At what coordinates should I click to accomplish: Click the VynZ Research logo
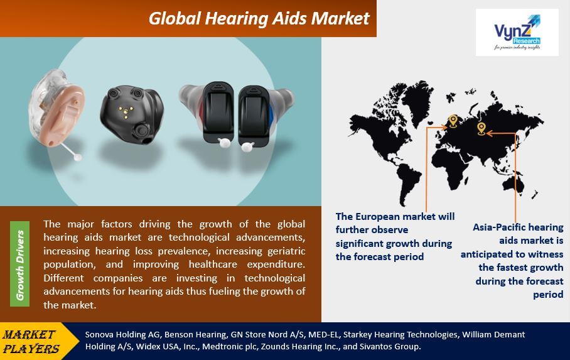tap(517, 33)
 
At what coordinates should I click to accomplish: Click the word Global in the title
tap(175, 19)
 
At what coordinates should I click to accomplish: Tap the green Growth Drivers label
tap(19, 264)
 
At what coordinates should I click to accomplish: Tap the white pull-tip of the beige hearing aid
tap(77, 157)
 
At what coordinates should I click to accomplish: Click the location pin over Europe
tap(453, 121)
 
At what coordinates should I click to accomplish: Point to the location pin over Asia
tap(481, 129)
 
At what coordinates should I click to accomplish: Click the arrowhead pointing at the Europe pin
tap(444, 127)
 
